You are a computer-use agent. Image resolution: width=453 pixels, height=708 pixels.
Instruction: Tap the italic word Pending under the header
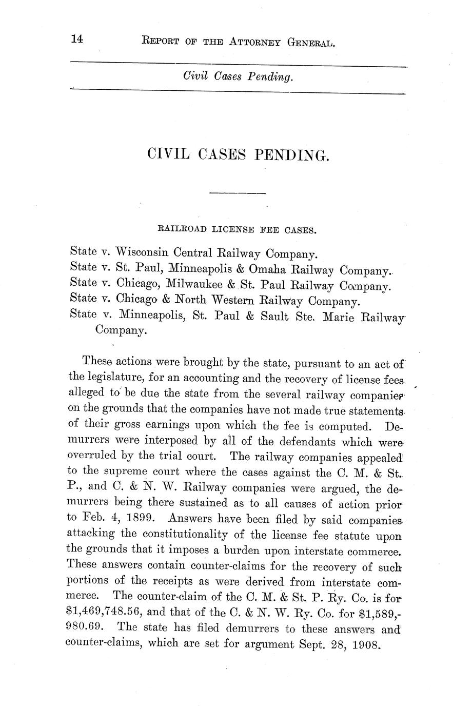pyautogui.click(x=270, y=77)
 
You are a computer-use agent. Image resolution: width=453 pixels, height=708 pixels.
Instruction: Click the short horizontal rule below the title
pyautogui.click(x=238, y=193)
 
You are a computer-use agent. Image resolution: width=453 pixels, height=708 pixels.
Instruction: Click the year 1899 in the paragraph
pyautogui.click(x=143, y=518)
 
